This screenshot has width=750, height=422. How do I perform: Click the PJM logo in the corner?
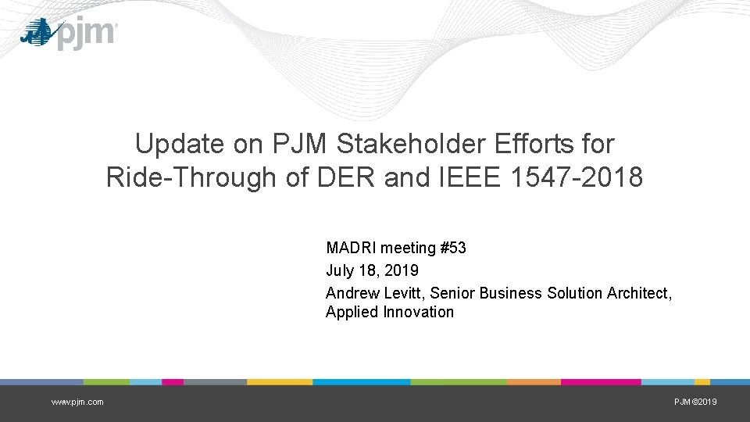[69, 34]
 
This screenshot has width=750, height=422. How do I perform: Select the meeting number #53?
[453, 248]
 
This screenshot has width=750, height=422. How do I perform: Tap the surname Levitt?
[405, 293]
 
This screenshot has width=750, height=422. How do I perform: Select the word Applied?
[352, 313]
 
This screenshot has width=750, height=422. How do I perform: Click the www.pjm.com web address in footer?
[77, 402]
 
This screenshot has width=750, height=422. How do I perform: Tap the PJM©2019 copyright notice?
[695, 402]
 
